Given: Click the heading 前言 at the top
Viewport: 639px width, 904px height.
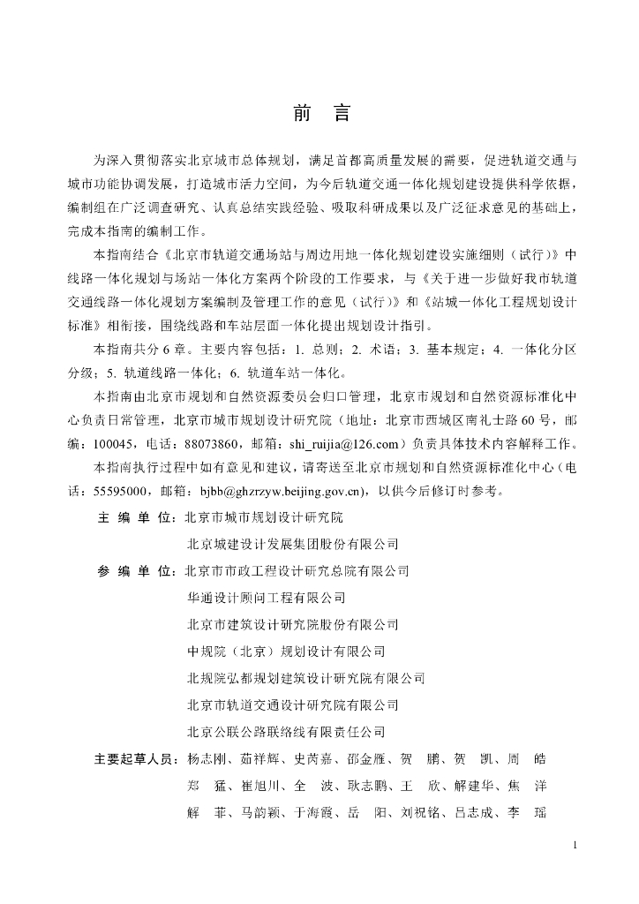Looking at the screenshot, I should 320,114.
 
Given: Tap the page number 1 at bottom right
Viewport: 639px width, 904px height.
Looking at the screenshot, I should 575,846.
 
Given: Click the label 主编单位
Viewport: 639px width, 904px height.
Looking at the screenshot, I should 134,517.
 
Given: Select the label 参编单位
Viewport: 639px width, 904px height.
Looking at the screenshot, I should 134,570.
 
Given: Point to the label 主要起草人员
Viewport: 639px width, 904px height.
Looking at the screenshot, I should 134,759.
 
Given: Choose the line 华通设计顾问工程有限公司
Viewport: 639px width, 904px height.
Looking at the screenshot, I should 267,598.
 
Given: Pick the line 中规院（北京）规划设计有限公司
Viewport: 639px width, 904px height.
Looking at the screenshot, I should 287,652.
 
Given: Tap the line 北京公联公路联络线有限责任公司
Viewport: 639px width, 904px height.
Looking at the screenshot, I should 287,732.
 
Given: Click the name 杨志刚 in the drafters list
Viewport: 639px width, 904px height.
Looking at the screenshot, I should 207,759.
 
